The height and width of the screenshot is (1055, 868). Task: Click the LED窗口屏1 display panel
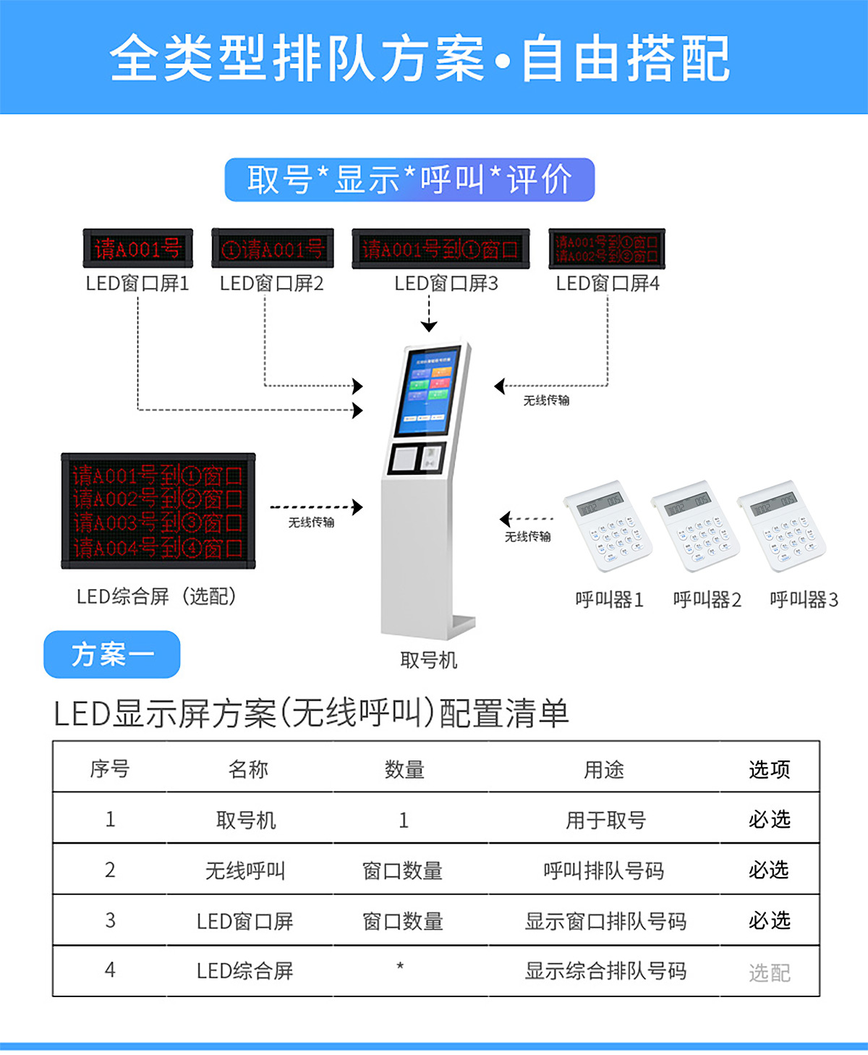tap(137, 249)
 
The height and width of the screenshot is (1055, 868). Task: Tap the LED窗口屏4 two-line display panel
tap(607, 249)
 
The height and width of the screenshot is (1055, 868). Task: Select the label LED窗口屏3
tap(446, 284)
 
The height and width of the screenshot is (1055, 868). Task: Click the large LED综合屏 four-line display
tap(158, 511)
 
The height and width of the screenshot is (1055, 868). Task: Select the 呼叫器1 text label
tap(609, 600)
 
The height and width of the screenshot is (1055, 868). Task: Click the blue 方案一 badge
tap(112, 654)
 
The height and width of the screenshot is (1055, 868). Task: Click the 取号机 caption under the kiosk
tap(428, 660)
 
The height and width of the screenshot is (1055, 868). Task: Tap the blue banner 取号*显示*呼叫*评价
tap(409, 179)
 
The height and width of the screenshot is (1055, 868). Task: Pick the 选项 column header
tap(769, 769)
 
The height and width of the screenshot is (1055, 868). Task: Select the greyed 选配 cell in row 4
tap(769, 972)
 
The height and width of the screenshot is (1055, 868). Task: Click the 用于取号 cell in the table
tap(605, 820)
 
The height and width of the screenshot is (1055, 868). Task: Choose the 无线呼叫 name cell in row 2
tap(245, 870)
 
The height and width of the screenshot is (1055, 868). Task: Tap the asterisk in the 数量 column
tap(400, 967)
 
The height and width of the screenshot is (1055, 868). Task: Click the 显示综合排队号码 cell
tap(605, 971)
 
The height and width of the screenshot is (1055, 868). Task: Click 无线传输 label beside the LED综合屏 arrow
tap(311, 522)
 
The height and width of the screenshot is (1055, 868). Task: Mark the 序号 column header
tap(110, 769)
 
